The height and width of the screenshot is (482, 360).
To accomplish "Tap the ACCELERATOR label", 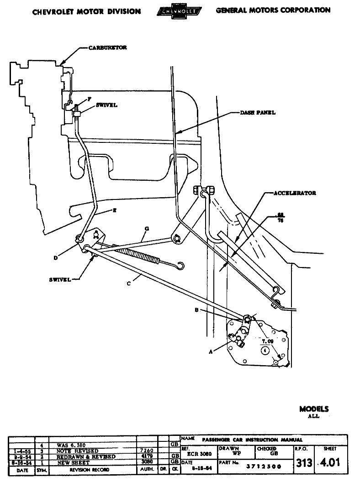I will click(295, 193).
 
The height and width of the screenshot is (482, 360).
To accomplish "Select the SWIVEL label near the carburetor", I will click(106, 105).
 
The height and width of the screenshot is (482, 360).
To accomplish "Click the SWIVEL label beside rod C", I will click(60, 280).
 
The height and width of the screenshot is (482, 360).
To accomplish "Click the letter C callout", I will click(129, 283).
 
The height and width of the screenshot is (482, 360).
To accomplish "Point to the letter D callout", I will click(55, 257).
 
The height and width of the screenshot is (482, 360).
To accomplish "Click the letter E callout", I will click(114, 210).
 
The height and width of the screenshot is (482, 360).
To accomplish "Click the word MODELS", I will click(314, 409).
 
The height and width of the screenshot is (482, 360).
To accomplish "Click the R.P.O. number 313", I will click(304, 463).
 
